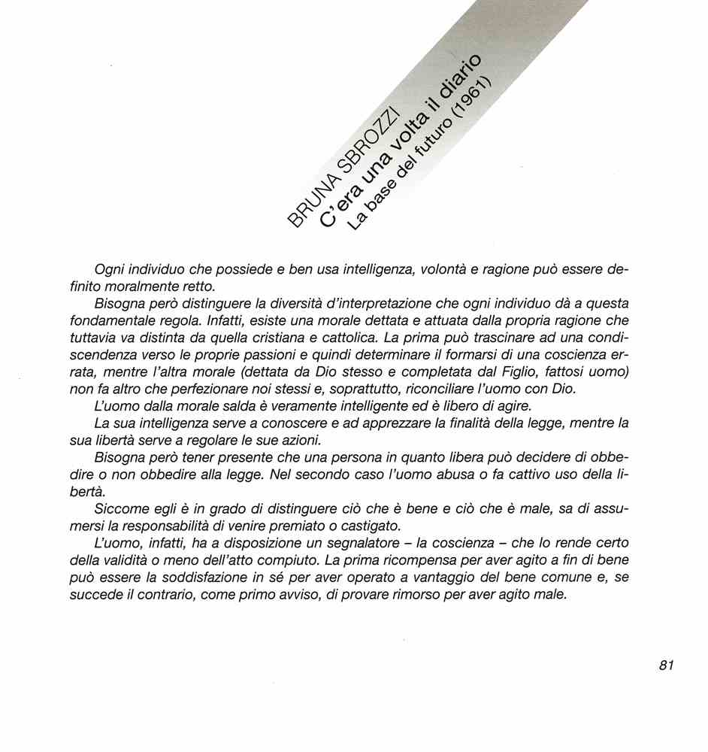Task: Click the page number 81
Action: point(666,665)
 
